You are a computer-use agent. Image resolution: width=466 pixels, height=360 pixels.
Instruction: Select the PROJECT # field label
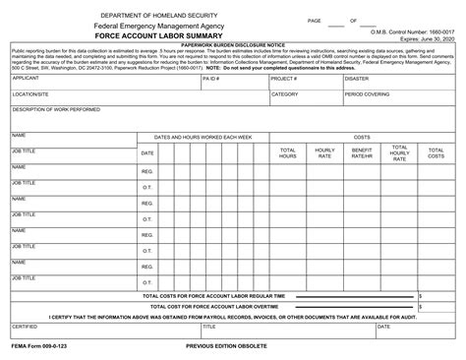pyautogui.click(x=284, y=77)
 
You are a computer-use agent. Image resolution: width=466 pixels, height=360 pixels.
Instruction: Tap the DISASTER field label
pyautogui.click(x=357, y=77)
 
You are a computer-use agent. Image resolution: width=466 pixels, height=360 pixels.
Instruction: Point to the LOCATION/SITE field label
pyautogui.click(x=31, y=94)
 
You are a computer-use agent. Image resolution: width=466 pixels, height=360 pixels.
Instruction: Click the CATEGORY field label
pyautogui.click(x=285, y=94)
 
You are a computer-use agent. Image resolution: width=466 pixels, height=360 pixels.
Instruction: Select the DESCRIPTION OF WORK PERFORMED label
pyautogui.click(x=54, y=109)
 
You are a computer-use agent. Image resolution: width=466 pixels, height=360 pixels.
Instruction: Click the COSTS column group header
pyautogui.click(x=361, y=136)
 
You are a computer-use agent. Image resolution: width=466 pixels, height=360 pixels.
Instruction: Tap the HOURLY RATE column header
pyautogui.click(x=324, y=153)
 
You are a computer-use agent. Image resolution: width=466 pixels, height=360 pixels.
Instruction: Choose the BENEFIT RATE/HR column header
pyautogui.click(x=362, y=153)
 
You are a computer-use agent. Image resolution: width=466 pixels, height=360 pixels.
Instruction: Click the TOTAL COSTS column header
pyautogui.click(x=436, y=153)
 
